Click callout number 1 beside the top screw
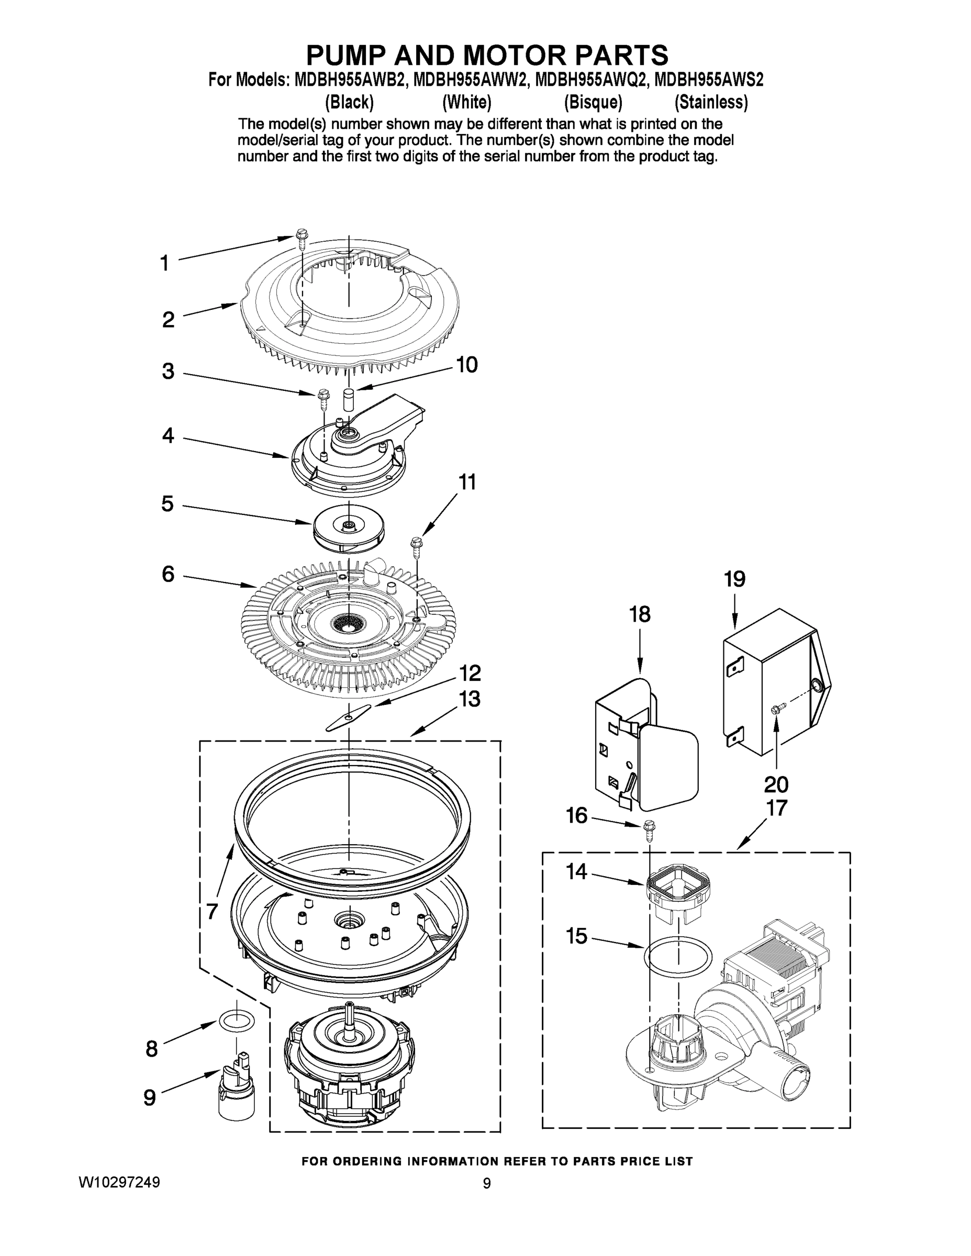164,263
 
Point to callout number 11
466,482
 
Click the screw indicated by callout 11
416,546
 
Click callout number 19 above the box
734,579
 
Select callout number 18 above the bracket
640,614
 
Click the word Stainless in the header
711,103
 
